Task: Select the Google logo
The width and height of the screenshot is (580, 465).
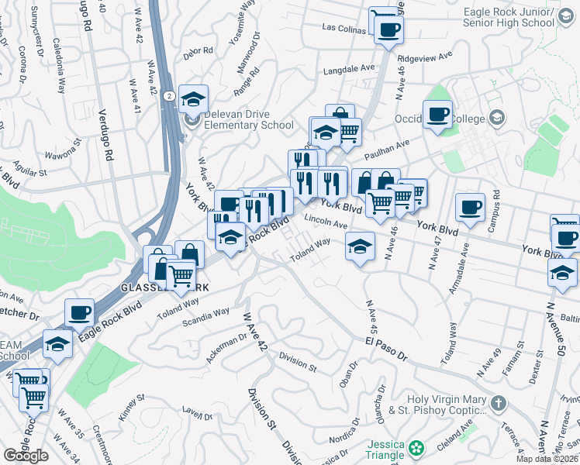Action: click(x=26, y=456)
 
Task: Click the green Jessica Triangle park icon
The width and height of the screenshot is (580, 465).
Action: click(x=417, y=448)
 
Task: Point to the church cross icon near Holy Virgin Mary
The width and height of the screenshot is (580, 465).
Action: click(x=498, y=404)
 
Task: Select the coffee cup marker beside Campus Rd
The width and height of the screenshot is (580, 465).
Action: click(x=470, y=207)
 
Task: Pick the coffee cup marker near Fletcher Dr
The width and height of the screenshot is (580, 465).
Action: click(x=79, y=312)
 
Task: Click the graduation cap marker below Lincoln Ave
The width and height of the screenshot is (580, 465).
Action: click(x=359, y=246)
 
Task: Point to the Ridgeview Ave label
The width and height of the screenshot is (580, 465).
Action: click(x=424, y=57)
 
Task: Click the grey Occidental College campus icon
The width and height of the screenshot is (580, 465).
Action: click(x=497, y=118)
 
